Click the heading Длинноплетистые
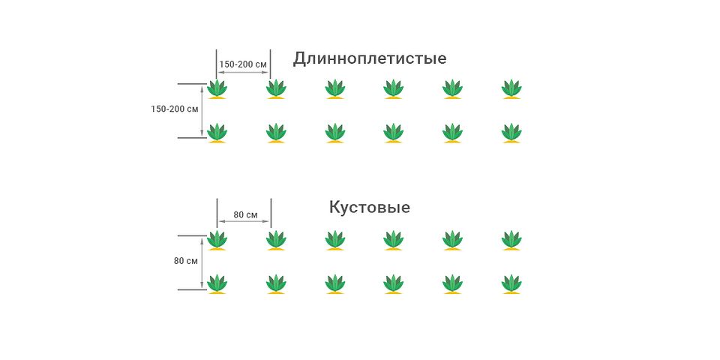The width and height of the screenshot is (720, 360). (x=370, y=58)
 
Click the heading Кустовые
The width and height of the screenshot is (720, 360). (x=369, y=207)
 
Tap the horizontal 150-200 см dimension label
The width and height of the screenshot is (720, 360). (x=243, y=64)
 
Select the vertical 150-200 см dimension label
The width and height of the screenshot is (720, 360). (x=175, y=109)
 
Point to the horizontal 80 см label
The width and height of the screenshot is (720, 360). (x=245, y=214)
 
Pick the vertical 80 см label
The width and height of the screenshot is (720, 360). (x=185, y=261)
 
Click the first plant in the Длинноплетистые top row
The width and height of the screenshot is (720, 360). (x=217, y=88)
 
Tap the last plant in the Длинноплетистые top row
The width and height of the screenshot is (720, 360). (x=511, y=88)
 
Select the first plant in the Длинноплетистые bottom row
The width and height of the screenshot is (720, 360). (x=217, y=133)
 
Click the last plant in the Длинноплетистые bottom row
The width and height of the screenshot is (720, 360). (x=511, y=133)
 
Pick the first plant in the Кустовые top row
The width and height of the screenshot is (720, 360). (x=217, y=240)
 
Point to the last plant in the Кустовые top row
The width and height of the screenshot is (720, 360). (x=511, y=240)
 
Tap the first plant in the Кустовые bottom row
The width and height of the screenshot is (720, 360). (x=217, y=284)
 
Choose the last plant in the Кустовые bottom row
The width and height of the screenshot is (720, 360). (x=511, y=284)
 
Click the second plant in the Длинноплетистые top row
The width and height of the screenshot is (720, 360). (x=276, y=88)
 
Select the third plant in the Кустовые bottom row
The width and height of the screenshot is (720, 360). (x=335, y=284)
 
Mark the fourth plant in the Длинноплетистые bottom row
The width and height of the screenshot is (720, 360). (x=394, y=133)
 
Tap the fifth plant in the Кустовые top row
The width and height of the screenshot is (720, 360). (x=452, y=240)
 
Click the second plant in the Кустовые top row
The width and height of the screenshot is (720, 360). (x=276, y=240)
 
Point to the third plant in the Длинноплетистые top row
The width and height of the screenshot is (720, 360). (x=335, y=88)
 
